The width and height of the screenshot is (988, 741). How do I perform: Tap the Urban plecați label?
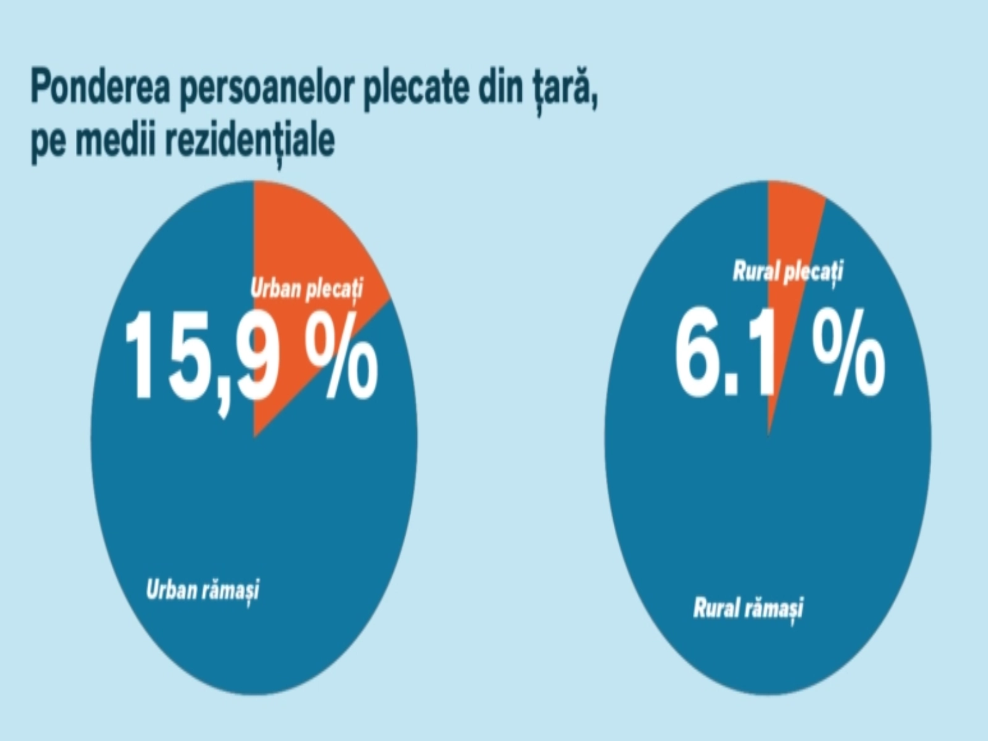coord(307,289)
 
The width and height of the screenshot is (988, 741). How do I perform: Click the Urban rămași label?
coord(203,590)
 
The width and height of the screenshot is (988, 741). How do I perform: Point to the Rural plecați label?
coord(788,272)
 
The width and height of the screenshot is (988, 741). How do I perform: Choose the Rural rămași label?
coord(748,609)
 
